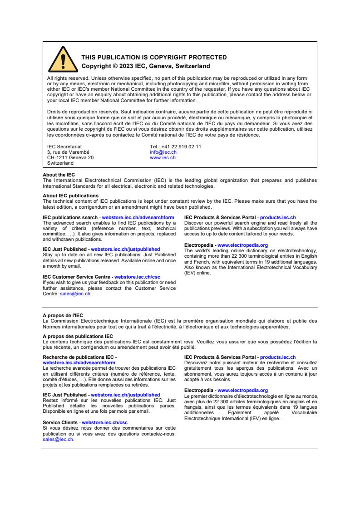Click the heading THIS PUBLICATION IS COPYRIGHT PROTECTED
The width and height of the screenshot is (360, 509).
coord(154,58)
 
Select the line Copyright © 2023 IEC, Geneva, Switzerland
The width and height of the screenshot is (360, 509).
coord(145,66)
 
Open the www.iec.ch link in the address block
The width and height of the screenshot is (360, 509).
coord(163,158)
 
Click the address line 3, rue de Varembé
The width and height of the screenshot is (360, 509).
coord(68,152)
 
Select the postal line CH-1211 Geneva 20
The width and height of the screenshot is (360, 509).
coord(70,158)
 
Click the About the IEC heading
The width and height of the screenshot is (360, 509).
coord(59,175)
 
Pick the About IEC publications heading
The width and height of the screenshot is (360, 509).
coord(70,196)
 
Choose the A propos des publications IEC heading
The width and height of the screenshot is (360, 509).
coord(78,336)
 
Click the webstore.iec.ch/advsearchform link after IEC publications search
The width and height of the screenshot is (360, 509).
coord(138,218)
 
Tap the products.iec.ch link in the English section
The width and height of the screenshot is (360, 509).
coord(278,218)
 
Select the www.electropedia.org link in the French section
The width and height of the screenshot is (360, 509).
coord(242,391)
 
